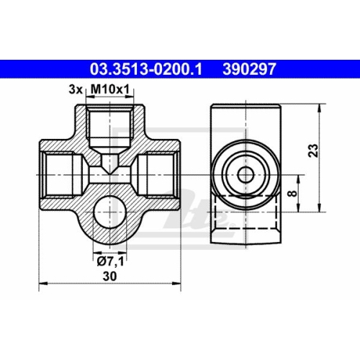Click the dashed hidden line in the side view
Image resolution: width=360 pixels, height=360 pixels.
[x=245, y=194]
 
